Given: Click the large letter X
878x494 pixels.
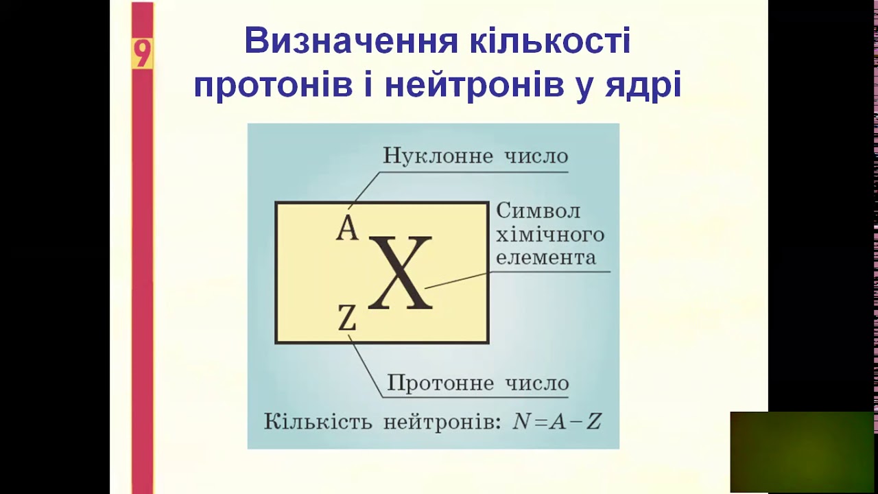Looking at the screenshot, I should click(x=401, y=273).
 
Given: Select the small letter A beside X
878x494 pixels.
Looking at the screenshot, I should click(x=347, y=228).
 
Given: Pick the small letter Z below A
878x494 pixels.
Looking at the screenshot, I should click(x=348, y=318).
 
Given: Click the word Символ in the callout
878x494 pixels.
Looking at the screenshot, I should click(x=538, y=211).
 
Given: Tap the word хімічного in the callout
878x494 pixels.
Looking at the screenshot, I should click(x=550, y=235).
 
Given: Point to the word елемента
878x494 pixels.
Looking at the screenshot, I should click(x=546, y=258).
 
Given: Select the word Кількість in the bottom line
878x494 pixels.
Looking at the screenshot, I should click(x=318, y=421).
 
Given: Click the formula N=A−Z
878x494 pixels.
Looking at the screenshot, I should click(x=557, y=421).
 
